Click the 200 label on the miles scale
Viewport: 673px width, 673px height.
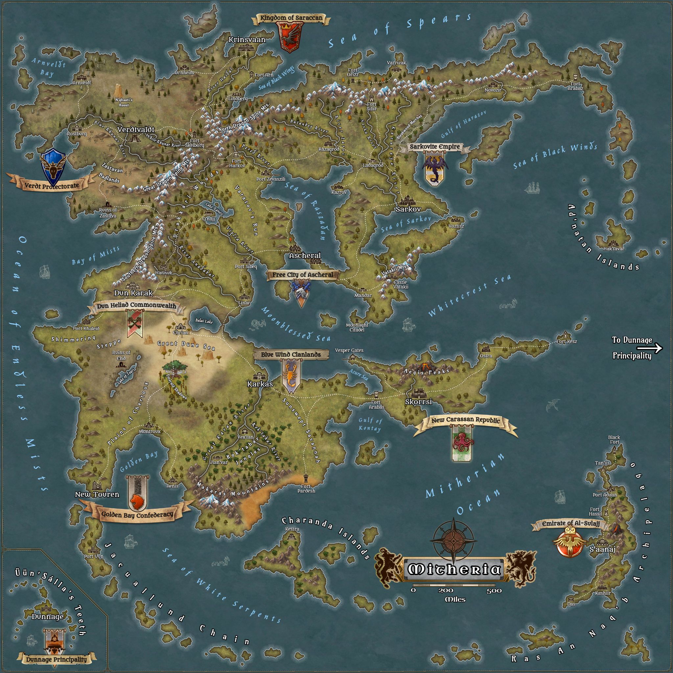point(446,591)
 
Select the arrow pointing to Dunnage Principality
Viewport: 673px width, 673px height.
point(655,348)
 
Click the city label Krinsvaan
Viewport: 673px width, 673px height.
point(247,39)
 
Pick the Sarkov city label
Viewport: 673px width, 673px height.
point(408,209)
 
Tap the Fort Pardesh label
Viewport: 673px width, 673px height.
point(306,488)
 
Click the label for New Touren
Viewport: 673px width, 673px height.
point(97,494)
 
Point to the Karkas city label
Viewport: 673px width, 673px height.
point(260,384)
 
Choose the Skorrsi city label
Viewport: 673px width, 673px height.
point(418,402)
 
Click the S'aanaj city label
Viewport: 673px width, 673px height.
point(602,549)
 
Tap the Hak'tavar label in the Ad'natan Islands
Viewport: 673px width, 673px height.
point(614,249)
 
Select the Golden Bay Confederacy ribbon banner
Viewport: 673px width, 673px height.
point(137,514)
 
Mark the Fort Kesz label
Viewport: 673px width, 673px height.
point(567,341)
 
